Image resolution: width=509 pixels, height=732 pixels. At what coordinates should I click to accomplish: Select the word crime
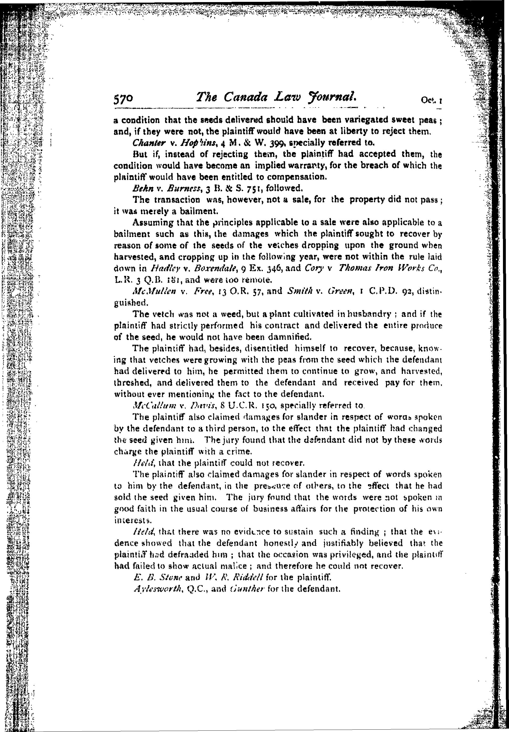242,451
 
